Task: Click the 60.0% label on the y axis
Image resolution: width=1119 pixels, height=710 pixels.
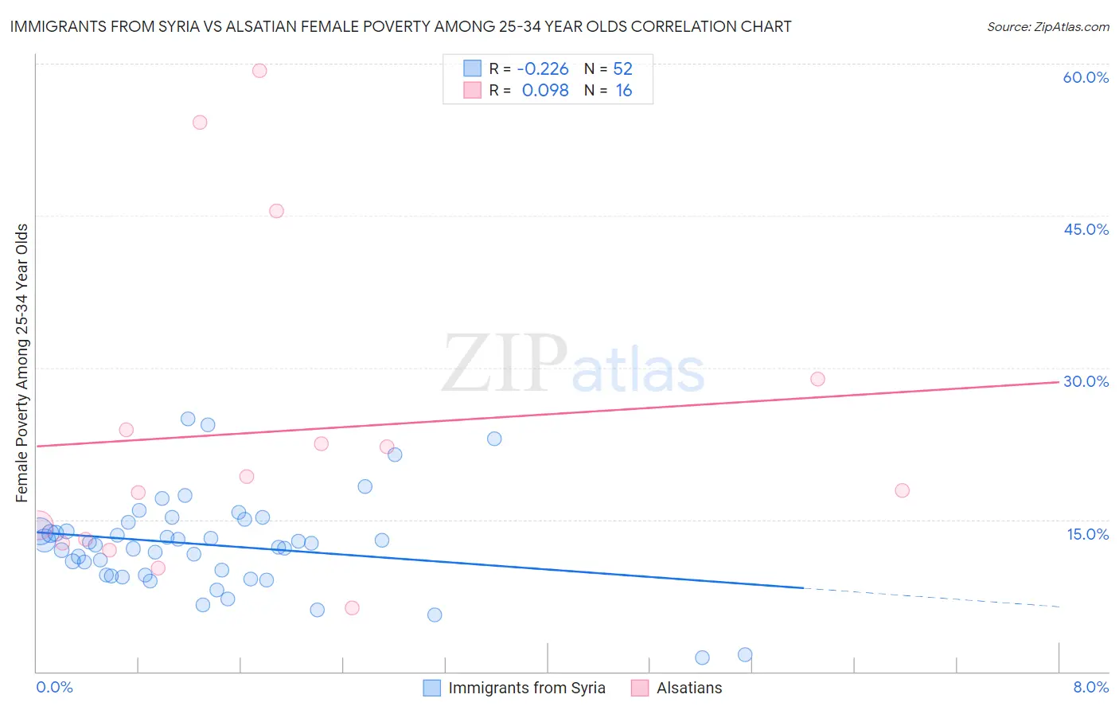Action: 1086,77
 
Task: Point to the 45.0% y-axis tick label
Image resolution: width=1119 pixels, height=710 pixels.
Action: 1086,229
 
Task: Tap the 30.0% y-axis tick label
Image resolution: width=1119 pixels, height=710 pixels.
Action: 1086,381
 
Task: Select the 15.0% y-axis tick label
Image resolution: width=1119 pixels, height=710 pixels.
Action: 1087,533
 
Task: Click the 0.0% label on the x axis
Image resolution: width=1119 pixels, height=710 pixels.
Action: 54,687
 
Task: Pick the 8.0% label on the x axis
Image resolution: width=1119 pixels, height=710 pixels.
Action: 1090,687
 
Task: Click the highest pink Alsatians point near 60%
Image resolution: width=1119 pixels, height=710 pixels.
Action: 259,71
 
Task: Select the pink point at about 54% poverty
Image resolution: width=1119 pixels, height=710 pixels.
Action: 200,123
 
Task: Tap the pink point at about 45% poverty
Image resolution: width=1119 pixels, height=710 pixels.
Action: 276,211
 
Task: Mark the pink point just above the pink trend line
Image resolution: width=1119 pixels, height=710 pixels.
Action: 817,379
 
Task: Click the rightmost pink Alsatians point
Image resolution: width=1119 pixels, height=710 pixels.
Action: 902,490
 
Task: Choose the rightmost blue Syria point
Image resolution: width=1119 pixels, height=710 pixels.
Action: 745,655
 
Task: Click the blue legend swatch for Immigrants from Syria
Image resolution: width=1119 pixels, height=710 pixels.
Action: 431,688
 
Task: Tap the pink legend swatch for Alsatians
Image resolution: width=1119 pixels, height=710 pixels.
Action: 640,688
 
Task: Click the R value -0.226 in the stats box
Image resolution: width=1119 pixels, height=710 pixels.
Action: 543,69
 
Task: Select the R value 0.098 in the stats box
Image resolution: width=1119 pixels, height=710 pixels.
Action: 545,91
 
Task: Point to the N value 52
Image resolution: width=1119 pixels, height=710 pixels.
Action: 622,69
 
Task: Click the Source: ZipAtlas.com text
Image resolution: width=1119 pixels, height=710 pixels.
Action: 1047,27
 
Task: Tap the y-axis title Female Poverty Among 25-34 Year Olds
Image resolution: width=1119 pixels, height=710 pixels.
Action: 22,363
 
